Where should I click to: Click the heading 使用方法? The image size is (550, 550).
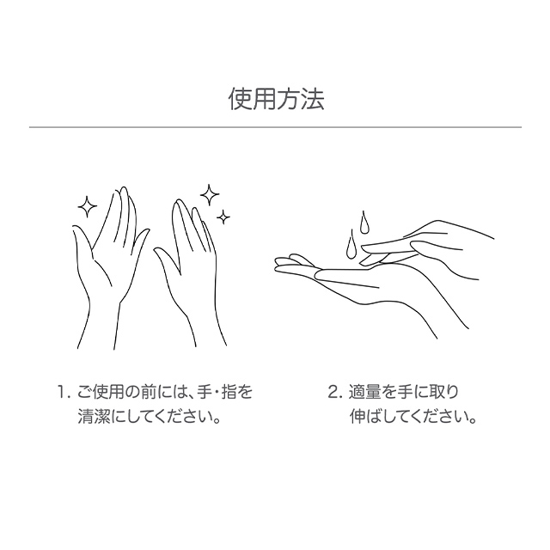(x=277, y=100)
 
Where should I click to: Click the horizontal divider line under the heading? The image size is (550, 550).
(x=275, y=127)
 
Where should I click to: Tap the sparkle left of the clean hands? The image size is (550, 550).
(x=87, y=207)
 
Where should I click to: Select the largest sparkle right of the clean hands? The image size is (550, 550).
(x=210, y=195)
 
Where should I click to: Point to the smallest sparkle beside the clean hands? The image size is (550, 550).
(x=223, y=217)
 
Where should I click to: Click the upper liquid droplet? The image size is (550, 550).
(x=364, y=223)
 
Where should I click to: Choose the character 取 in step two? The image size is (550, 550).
(x=436, y=393)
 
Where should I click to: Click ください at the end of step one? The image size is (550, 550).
(x=186, y=417)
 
